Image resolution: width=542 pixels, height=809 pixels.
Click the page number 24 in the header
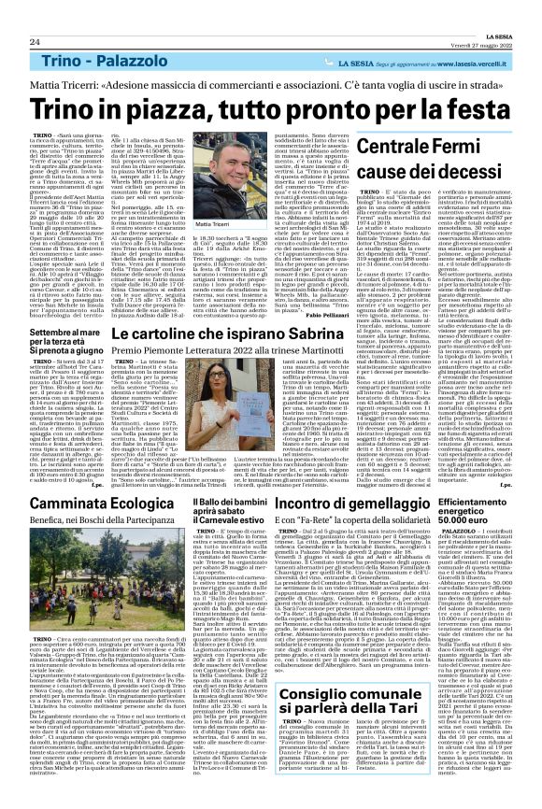click(35, 42)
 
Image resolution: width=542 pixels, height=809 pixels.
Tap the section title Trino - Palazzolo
click(106, 61)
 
